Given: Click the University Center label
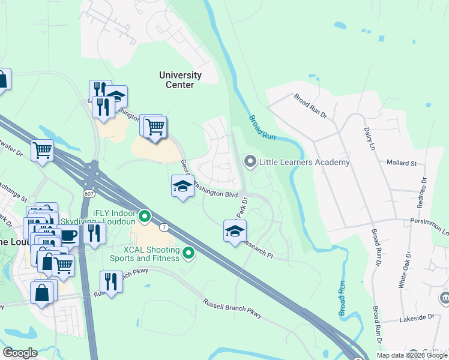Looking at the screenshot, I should pyautogui.click(x=180, y=80).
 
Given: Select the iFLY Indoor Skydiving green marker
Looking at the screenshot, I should pyautogui.click(x=144, y=215).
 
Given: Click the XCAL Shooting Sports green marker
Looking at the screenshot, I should pyautogui.click(x=188, y=253).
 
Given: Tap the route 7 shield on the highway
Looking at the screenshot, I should pyautogui.click(x=163, y=227).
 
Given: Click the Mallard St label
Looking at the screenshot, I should pyautogui.click(x=402, y=163).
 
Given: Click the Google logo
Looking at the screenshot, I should pyautogui.click(x=20, y=353).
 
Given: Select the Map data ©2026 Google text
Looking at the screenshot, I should pyautogui.click(x=411, y=355).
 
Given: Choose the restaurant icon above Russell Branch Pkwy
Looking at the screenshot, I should pyautogui.click(x=110, y=281).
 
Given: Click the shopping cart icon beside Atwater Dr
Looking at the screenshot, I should pyautogui.click(x=42, y=150).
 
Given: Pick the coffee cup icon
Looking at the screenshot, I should pyautogui.click(x=68, y=235).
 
